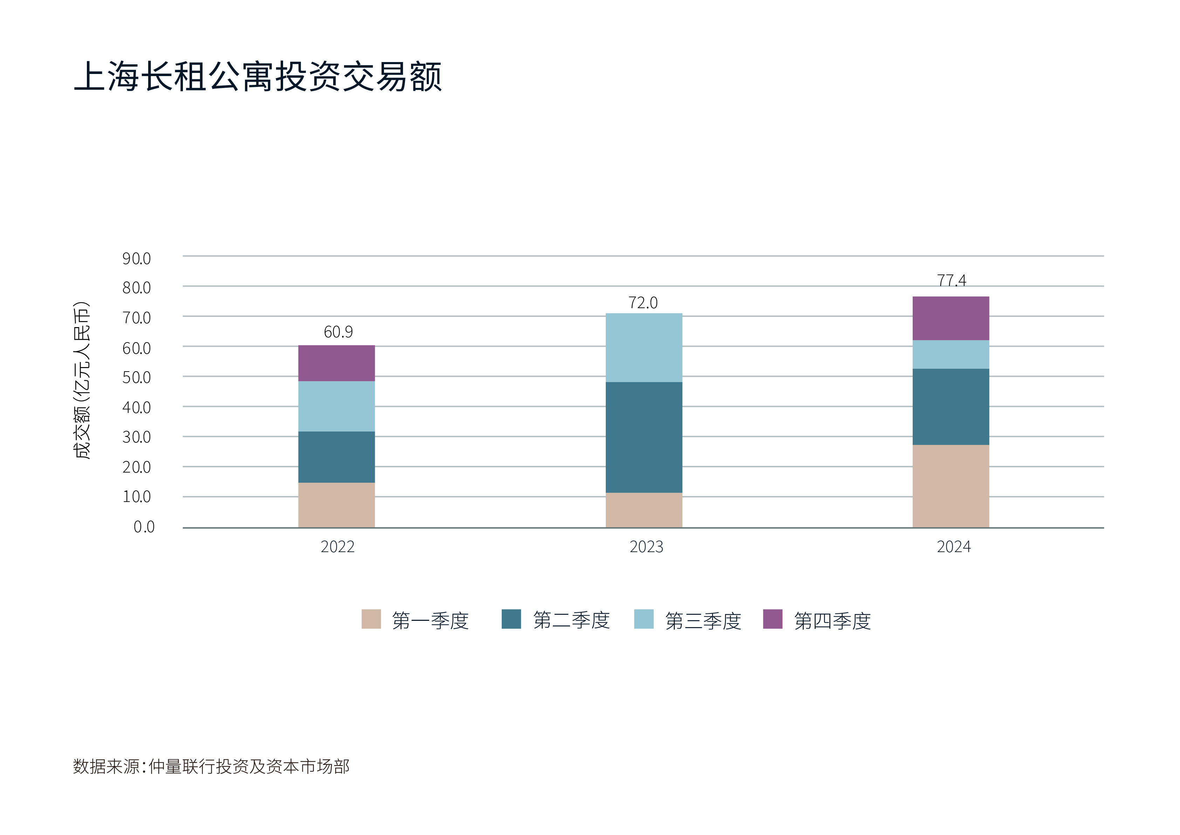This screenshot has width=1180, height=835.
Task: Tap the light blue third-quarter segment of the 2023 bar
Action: (x=644, y=348)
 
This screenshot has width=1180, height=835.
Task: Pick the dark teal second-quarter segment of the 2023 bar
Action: (x=644, y=437)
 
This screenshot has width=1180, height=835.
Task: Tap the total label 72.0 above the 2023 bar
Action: (x=643, y=303)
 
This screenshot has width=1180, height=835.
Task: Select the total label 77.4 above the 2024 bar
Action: (x=951, y=281)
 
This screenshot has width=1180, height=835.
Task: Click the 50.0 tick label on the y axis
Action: (x=137, y=378)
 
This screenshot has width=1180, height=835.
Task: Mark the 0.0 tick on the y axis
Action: (x=144, y=527)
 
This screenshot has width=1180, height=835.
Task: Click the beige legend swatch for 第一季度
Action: (x=371, y=619)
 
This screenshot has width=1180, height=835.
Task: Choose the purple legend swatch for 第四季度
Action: (x=773, y=619)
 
